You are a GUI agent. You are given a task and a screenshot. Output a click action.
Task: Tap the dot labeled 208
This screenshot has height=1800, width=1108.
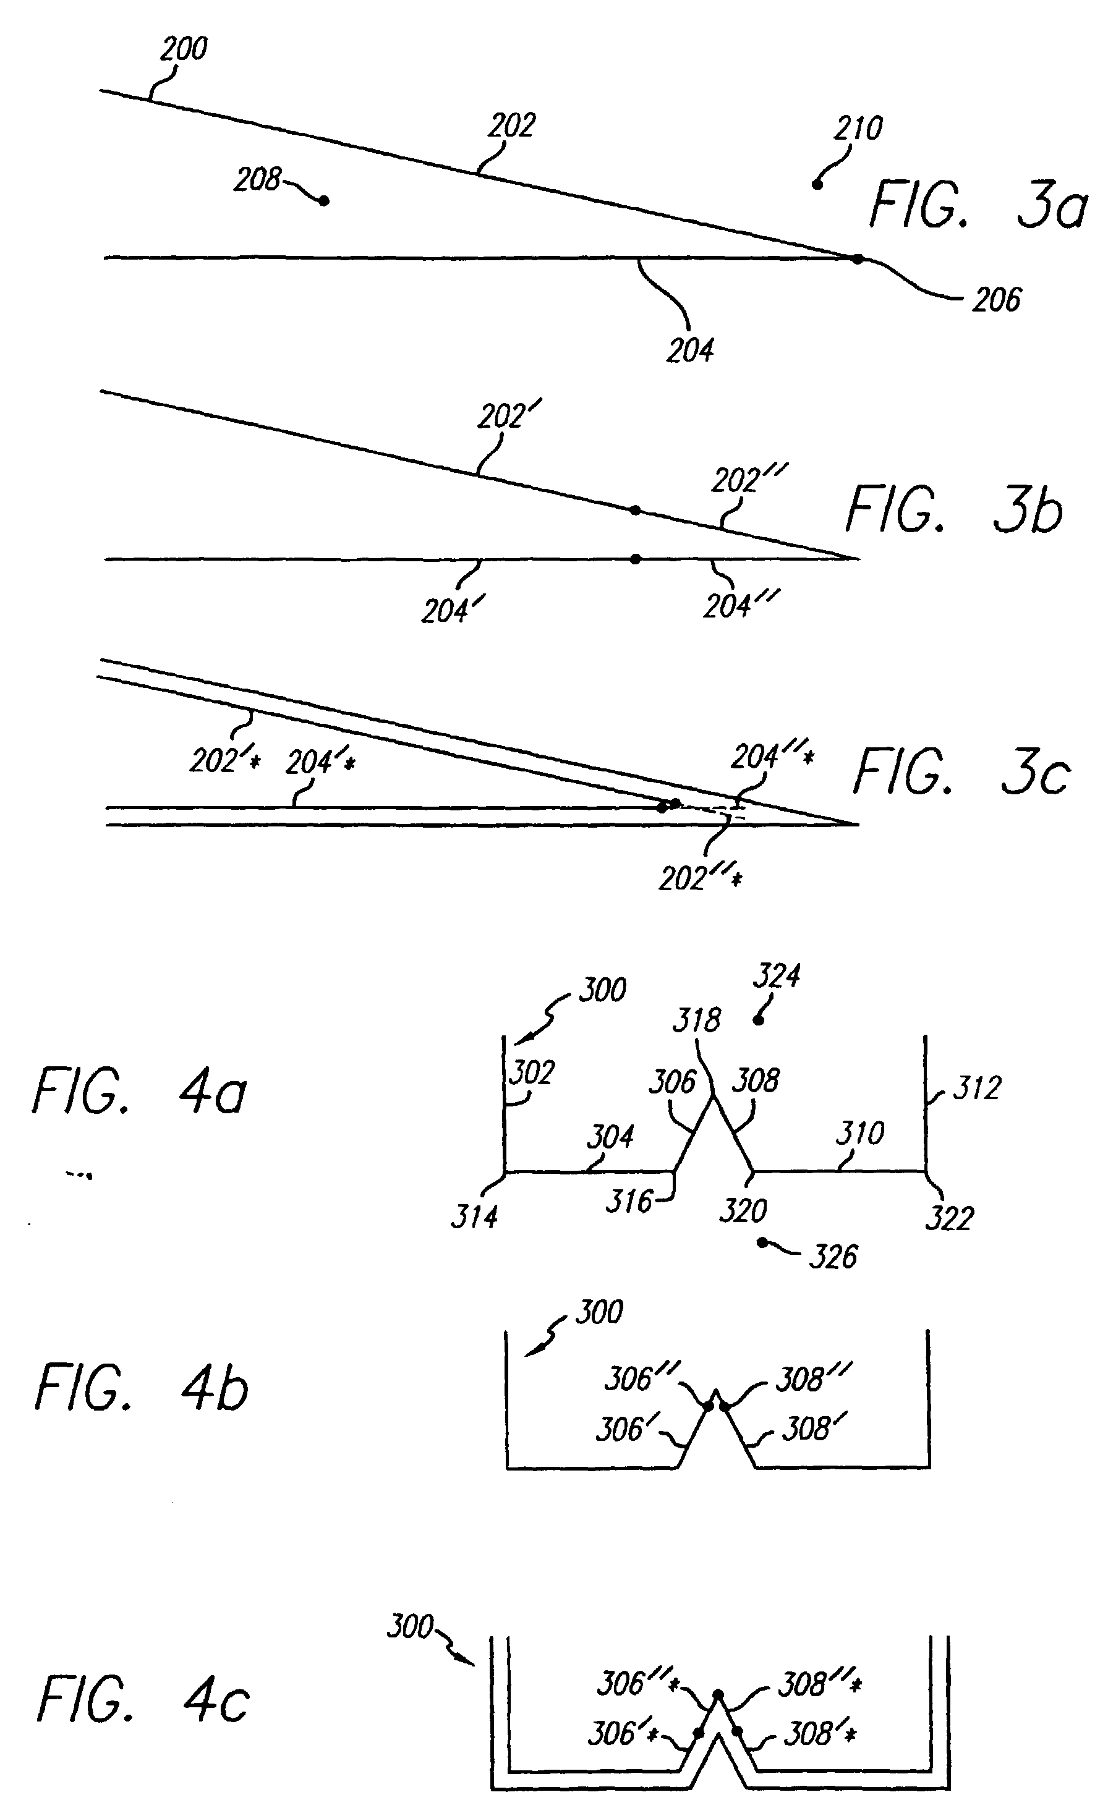tap(323, 201)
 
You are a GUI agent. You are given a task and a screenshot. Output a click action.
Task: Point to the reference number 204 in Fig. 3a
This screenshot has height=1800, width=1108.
tap(689, 351)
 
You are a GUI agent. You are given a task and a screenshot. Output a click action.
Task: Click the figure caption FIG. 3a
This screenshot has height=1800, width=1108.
tap(978, 206)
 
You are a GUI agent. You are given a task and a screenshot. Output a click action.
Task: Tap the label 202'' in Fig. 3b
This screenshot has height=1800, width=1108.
tap(748, 480)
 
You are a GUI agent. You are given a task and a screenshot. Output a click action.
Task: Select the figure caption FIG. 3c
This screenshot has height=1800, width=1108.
tap(962, 772)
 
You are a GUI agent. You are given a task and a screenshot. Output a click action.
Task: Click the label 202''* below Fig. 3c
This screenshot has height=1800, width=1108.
tap(700, 878)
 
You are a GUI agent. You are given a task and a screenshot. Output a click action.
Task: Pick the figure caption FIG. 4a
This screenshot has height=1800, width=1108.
tap(139, 1092)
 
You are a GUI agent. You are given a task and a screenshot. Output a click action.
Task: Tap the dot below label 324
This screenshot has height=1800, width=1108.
tap(759, 1021)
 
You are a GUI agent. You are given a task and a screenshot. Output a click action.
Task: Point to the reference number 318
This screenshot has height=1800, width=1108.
tap(696, 1021)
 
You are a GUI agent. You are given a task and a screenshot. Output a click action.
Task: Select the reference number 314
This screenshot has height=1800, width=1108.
tap(474, 1217)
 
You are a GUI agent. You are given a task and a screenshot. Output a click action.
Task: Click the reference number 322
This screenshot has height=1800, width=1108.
tap(949, 1219)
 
